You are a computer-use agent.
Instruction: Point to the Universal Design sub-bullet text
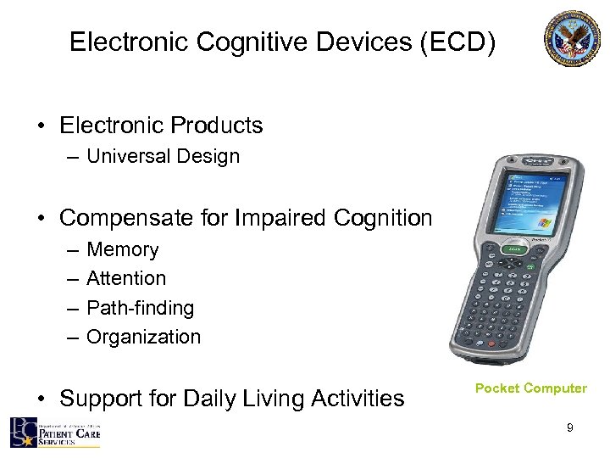pyautogui.click(x=163, y=156)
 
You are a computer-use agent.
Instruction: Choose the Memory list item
pyautogui.click(x=122, y=249)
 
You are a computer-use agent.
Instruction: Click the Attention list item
pyautogui.click(x=126, y=278)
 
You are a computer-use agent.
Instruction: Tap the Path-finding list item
pyautogui.click(x=140, y=308)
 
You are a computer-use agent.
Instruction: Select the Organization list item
pyautogui.click(x=144, y=337)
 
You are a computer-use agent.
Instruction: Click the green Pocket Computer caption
pyautogui.click(x=530, y=388)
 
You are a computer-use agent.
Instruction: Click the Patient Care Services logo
pyautogui.click(x=55, y=432)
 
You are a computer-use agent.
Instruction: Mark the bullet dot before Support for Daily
pyautogui.click(x=41, y=399)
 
